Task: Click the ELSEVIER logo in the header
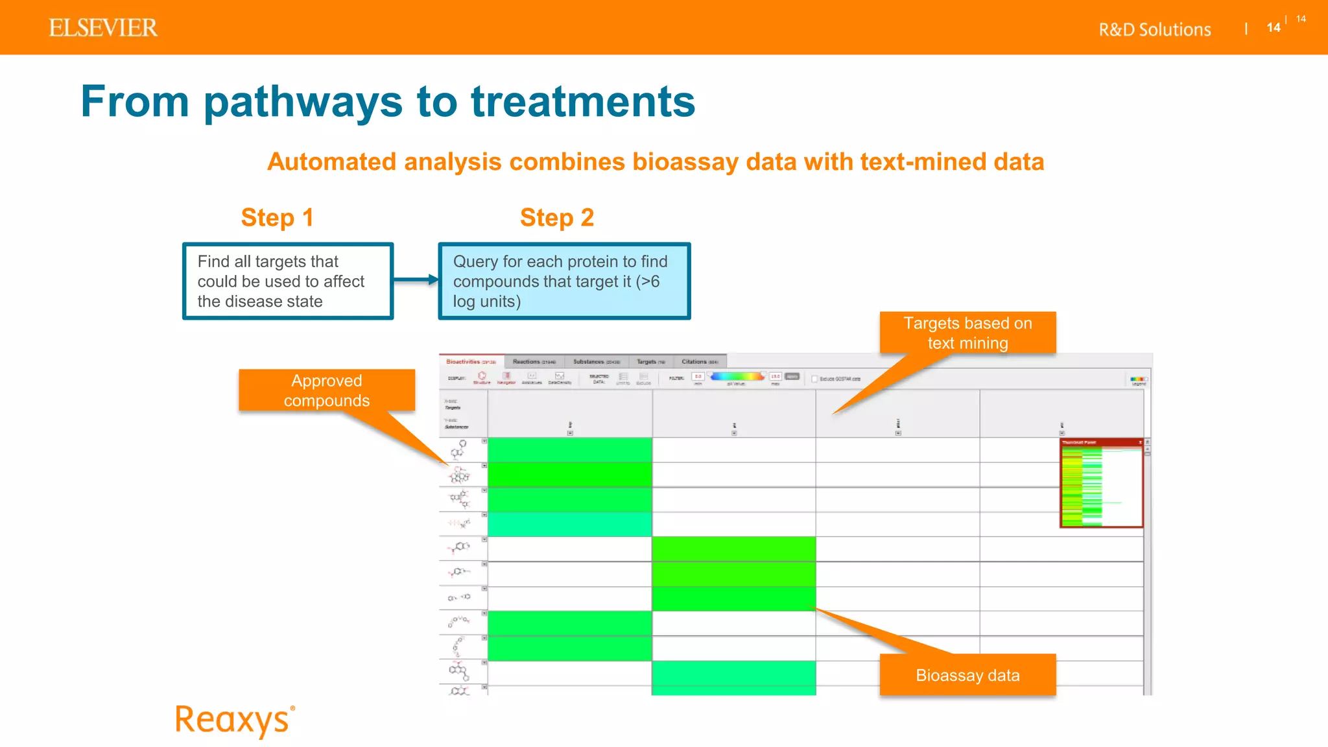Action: click(103, 28)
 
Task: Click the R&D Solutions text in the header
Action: click(1154, 30)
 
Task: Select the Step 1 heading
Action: click(277, 218)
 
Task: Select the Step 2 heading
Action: click(556, 218)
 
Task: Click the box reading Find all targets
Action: click(287, 281)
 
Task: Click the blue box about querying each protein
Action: click(564, 281)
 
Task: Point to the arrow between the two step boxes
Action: click(416, 280)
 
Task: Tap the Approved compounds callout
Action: click(326, 390)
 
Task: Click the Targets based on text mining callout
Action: click(967, 333)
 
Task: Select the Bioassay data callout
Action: click(967, 675)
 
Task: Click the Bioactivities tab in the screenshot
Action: click(471, 362)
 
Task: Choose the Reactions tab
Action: click(534, 362)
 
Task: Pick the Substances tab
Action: click(596, 362)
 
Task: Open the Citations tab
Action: click(699, 362)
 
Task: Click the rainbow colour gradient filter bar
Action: click(737, 376)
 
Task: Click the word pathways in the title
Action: click(303, 102)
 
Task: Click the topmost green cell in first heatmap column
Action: click(569, 450)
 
